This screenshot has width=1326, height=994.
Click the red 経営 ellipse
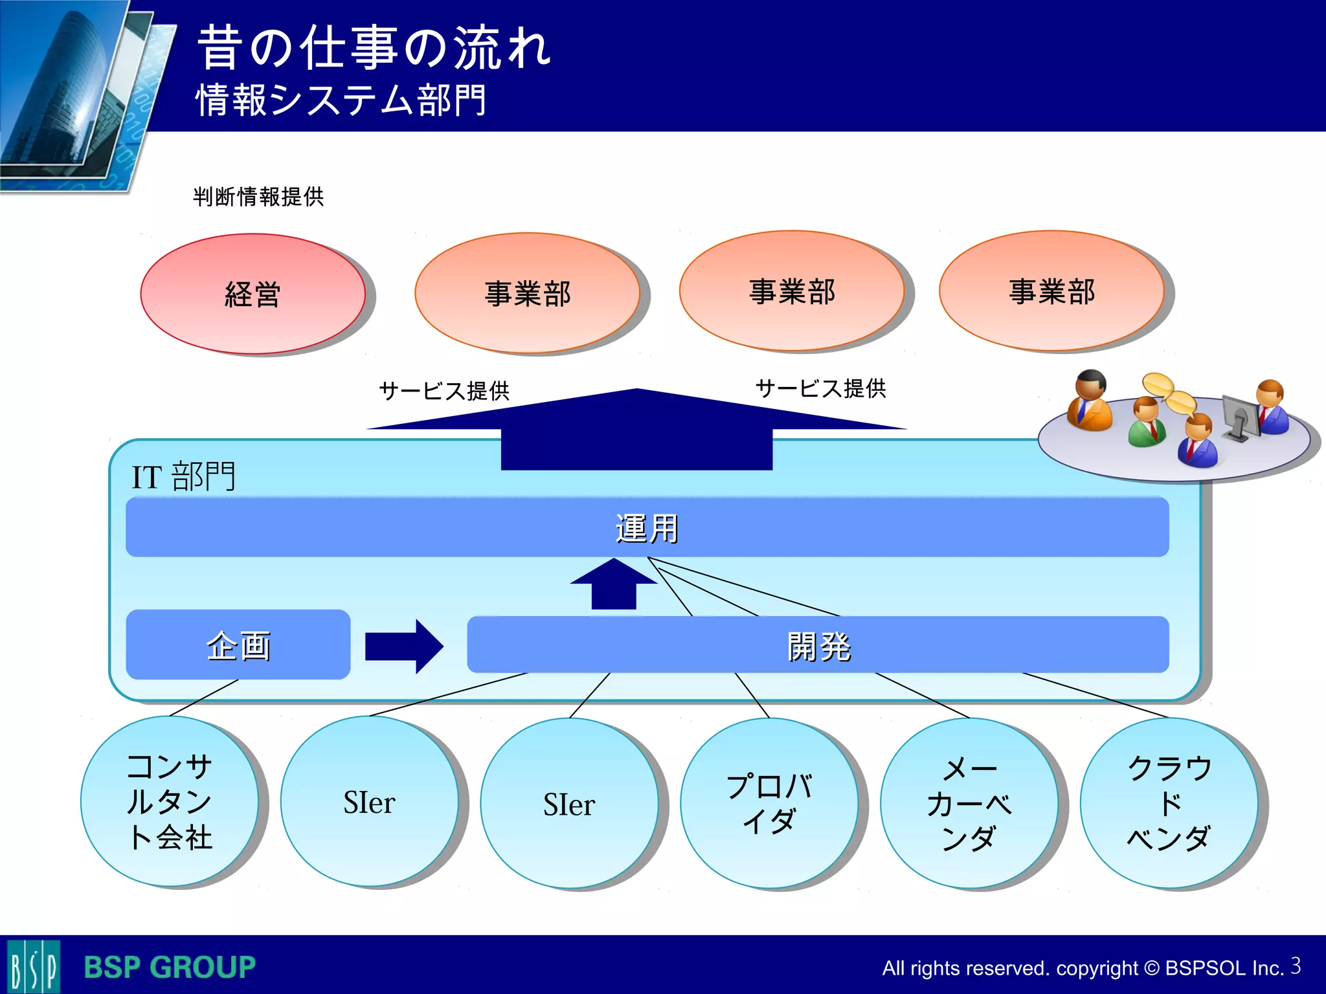click(x=253, y=294)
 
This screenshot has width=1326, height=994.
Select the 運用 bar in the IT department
click(x=647, y=527)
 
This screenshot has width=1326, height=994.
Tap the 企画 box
click(x=238, y=645)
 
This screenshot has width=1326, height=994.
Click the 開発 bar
click(x=818, y=645)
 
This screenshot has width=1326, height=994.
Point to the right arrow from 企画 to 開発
click(x=405, y=646)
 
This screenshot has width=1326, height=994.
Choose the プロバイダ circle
click(x=769, y=802)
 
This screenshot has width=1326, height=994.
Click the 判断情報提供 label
click(x=258, y=197)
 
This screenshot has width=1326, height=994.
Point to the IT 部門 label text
click(x=183, y=477)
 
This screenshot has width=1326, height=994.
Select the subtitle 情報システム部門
click(x=341, y=100)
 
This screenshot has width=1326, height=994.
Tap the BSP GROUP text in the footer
click(x=170, y=967)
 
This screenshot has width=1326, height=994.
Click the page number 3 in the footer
click(x=1296, y=966)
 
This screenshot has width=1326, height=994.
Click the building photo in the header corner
click(x=71, y=91)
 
